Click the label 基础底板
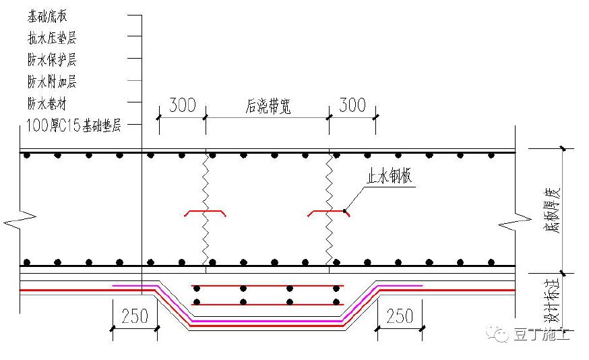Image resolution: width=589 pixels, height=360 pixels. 47,16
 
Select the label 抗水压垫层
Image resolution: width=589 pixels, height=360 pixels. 52,38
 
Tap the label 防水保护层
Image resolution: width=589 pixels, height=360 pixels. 52,60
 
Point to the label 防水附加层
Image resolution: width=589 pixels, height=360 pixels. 52,82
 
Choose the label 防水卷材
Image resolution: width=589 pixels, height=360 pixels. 47,104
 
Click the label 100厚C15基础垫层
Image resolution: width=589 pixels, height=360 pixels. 73,125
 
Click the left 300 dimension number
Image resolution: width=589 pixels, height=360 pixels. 182,105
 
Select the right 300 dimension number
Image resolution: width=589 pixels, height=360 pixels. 352,105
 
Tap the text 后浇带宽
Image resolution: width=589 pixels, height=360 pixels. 268,107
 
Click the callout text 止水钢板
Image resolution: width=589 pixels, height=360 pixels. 390,177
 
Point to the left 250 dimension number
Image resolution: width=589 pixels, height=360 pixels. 135,316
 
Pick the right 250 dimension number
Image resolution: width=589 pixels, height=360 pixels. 402,316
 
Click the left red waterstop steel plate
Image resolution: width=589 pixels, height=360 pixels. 206,213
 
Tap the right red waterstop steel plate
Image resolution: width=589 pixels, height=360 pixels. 329,213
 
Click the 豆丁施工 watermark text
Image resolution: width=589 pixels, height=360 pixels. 542,334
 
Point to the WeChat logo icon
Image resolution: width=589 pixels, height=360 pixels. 501,334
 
